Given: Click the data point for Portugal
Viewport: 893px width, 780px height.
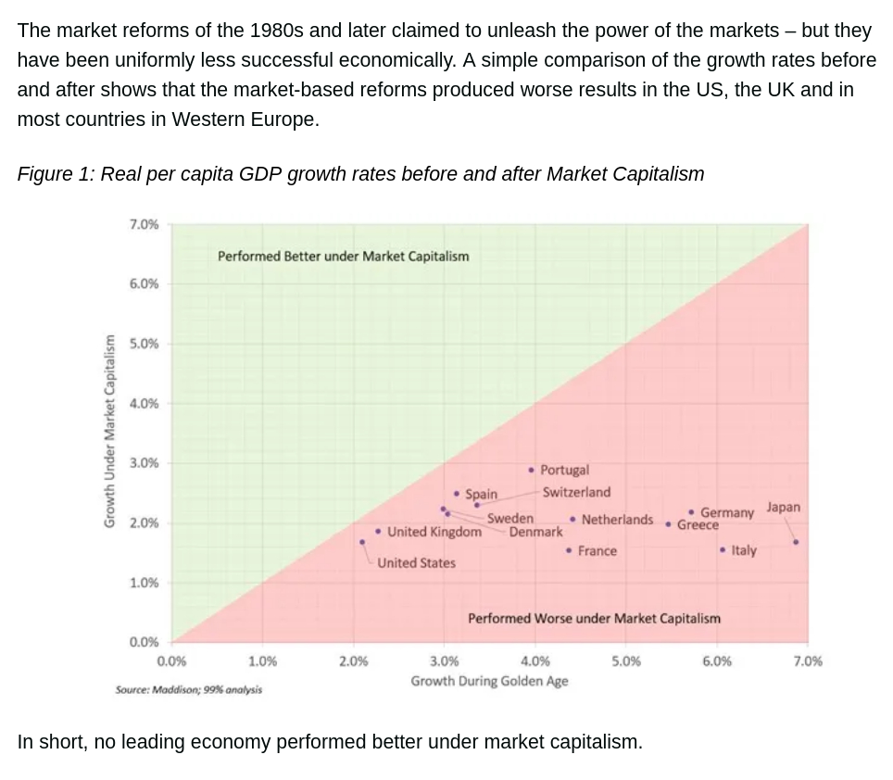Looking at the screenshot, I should coord(531,470).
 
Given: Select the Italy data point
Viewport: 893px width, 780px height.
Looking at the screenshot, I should coord(723,550).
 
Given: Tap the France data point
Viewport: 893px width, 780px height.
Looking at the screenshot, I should coord(568,550).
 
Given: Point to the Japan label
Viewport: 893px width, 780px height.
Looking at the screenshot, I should coord(783,508).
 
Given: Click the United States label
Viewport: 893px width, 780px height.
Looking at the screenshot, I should coord(416,562).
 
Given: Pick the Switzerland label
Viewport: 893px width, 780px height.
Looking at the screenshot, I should coord(576,492).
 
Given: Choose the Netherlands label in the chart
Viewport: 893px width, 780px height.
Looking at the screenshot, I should coord(617,520).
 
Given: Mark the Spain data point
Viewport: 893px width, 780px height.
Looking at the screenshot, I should coord(457,494).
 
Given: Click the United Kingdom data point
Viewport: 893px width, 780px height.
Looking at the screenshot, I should coord(378,531).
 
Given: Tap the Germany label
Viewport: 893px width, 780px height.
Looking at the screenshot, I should coord(727,512).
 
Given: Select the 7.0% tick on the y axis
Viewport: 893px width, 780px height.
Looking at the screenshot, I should coord(144,224).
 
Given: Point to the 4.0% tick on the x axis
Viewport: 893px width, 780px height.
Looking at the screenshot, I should coord(535,661).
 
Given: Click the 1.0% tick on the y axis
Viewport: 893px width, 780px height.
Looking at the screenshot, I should coord(144,583).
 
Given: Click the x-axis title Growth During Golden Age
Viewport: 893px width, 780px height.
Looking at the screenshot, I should coord(489,681).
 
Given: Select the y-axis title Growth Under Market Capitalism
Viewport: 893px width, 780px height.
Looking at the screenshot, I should coord(108,431).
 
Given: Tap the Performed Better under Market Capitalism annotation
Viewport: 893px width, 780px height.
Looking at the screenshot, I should coord(343,256).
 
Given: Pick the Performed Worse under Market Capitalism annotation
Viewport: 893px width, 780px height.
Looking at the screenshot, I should coord(594,618).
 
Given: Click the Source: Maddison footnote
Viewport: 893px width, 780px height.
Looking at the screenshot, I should coord(189,689).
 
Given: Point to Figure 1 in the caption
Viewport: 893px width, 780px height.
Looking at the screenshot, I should coord(52,174).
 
